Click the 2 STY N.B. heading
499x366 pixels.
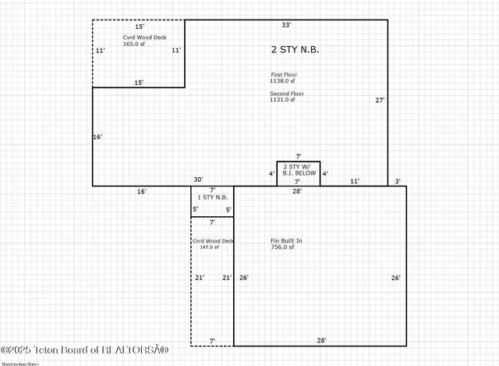pos(295,49)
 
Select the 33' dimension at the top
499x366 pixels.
pos(286,26)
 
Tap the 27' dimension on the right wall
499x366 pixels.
pos(380,100)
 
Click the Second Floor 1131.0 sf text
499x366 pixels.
pos(287,97)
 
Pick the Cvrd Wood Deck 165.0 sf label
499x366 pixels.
pos(143,41)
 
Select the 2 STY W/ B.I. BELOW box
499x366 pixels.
pos(299,173)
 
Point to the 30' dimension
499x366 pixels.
pos(199,180)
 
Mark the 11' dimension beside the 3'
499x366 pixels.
pos(355,181)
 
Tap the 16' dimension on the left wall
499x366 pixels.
pos(97,137)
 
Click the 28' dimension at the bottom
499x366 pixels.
pos(320,339)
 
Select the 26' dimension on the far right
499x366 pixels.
pos(395,278)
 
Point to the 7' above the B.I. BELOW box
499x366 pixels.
pos(298,156)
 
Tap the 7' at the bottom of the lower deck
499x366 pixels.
pos(212,340)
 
